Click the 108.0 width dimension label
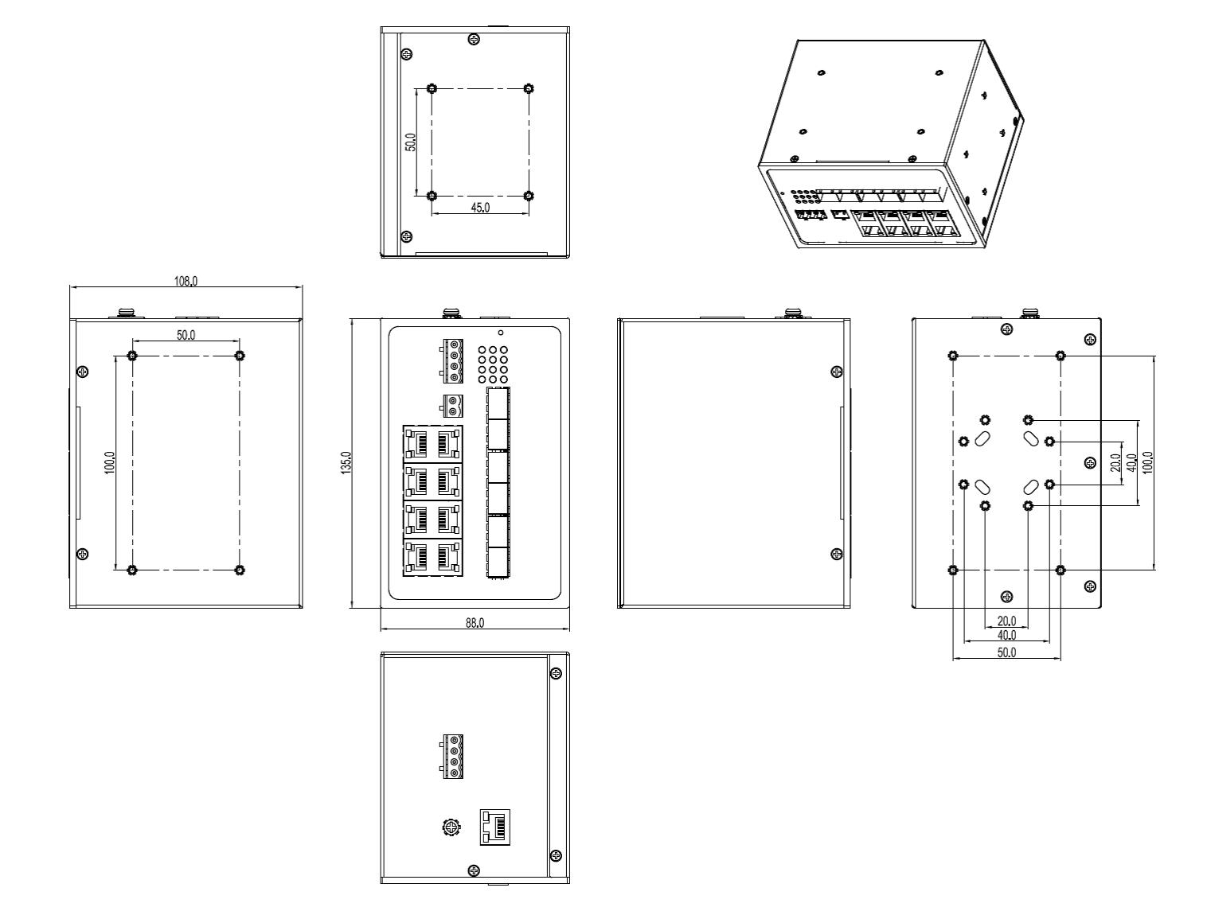186,282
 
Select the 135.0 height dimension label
346,462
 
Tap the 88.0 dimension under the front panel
475,622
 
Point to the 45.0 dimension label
480,207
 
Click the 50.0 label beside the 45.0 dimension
410,142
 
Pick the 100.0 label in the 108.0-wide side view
110,462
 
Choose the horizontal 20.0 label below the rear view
1006,621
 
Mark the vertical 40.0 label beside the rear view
1131,462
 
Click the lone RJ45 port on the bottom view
495,827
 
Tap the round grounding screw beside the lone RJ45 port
451,827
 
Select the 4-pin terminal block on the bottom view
451,756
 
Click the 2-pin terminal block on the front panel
451,406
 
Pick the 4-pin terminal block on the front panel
451,361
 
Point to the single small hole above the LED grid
501,333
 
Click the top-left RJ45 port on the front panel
417,444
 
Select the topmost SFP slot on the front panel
498,403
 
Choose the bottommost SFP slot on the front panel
498,562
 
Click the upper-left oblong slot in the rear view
982,438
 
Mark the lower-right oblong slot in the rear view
1030,487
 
